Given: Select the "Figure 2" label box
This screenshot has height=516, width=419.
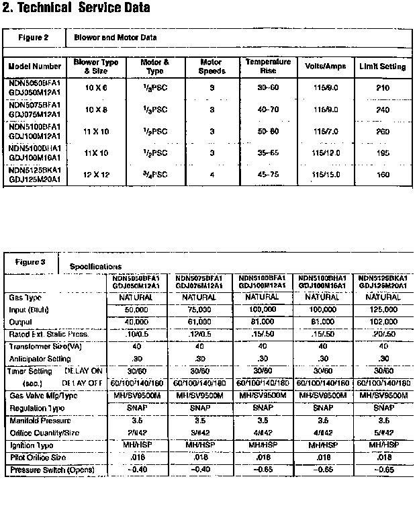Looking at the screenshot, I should pyautogui.click(x=33, y=38).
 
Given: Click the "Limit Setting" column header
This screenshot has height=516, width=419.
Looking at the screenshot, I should pyautogui.click(x=383, y=67).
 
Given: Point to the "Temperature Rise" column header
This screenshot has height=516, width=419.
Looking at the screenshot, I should pyautogui.click(x=268, y=66).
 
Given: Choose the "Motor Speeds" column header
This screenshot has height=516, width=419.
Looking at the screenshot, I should pyautogui.click(x=212, y=67).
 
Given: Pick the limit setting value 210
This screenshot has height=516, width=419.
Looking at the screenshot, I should pyautogui.click(x=383, y=87).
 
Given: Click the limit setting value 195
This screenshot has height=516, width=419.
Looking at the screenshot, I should pyautogui.click(x=383, y=153).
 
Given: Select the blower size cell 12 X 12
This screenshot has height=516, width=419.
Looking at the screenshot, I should pyautogui.click(x=96, y=175).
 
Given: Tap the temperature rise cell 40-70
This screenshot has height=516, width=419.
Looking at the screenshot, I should pyautogui.click(x=268, y=110).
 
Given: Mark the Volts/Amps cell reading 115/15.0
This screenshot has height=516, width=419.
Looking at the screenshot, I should pyautogui.click(x=326, y=175).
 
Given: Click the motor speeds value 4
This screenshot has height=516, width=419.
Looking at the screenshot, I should pyautogui.click(x=212, y=175).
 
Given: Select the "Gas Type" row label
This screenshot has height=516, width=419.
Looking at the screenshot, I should pyautogui.click(x=26, y=296).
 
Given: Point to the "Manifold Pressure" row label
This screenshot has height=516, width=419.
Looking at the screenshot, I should pyautogui.click(x=40, y=420).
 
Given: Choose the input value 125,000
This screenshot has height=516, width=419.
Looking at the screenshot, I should pyautogui.click(x=383, y=310).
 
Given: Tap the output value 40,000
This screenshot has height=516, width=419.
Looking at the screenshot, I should pyautogui.click(x=136, y=322).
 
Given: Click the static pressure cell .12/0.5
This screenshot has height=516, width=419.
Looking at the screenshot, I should pyautogui.click(x=199, y=334).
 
